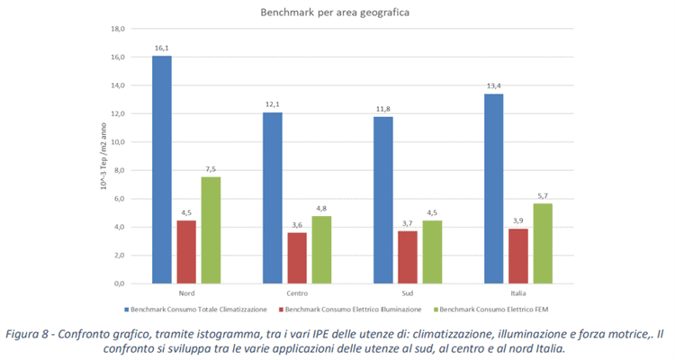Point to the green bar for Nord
[211, 230]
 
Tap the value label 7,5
[211, 168]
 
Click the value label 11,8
[382, 108]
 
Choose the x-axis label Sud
[408, 293]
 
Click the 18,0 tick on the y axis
[117, 29]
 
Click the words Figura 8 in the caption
[31, 334]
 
